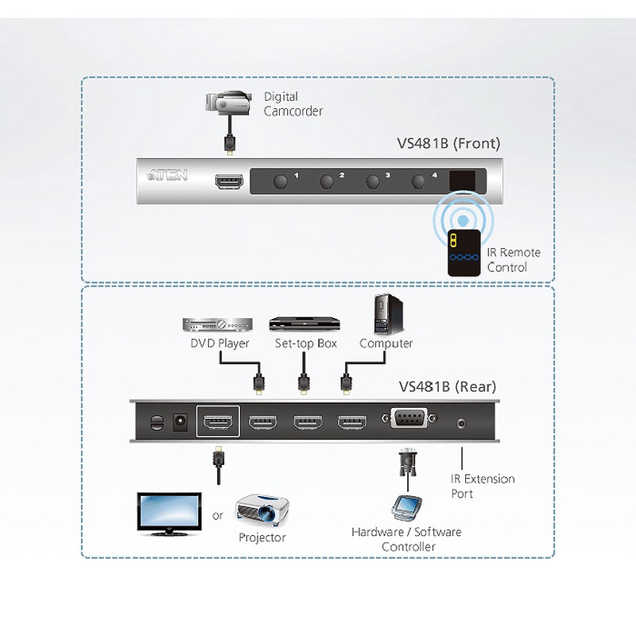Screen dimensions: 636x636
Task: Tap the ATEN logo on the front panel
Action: [x=167, y=173]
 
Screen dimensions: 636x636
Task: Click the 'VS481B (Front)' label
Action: [x=448, y=144]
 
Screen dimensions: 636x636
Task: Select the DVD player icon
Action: [x=218, y=324]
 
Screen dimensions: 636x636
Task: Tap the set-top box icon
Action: [x=304, y=324]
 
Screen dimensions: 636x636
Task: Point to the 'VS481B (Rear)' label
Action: [x=448, y=387]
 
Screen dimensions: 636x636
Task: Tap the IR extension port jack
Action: [x=462, y=424]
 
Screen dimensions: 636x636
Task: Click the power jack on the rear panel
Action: [x=180, y=421]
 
